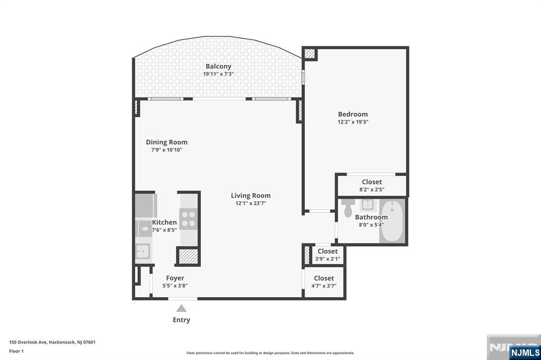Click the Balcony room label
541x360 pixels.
click(x=218, y=67)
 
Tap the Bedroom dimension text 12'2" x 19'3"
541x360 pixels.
click(x=353, y=122)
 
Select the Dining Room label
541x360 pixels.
click(x=166, y=142)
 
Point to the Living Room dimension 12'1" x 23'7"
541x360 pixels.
click(x=250, y=203)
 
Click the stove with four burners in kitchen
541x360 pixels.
click(x=188, y=218)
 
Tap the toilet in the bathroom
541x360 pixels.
click(x=347, y=210)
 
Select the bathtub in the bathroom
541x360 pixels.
click(x=392, y=221)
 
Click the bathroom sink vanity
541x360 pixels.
click(x=367, y=205)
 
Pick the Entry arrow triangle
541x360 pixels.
click(x=181, y=308)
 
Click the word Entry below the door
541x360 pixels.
click(x=181, y=320)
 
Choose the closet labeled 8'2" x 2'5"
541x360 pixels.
click(x=371, y=185)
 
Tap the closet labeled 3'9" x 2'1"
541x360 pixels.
click(x=328, y=255)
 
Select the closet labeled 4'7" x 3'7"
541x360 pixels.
click(x=324, y=282)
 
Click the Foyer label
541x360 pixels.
click(x=175, y=278)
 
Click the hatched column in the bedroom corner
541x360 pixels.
click(x=309, y=53)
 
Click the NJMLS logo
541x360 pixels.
click(x=525, y=352)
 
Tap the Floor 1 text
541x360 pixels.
click(x=16, y=351)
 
